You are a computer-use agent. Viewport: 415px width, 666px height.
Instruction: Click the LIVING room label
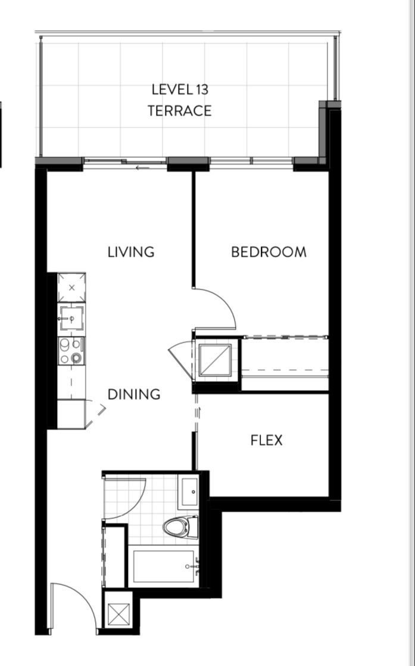tap(131, 252)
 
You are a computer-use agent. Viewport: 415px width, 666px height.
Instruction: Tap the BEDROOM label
tap(269, 252)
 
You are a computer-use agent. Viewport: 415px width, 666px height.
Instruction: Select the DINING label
tap(134, 394)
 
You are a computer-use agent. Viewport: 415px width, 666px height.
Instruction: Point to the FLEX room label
tap(267, 440)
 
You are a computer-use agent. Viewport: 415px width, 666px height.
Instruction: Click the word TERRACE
tap(179, 111)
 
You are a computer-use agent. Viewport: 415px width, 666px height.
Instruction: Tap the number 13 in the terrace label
tap(202, 89)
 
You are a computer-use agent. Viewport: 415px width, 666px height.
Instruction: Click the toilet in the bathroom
tap(181, 527)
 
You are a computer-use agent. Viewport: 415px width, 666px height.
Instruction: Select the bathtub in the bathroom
tap(163, 567)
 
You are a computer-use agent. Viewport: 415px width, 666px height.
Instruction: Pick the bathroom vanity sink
tap(190, 491)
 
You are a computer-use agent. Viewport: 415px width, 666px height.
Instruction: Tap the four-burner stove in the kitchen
tap(71, 351)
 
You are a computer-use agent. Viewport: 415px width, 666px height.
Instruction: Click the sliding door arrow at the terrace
tap(143, 168)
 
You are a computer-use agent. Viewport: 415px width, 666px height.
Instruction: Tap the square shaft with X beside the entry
tap(118, 614)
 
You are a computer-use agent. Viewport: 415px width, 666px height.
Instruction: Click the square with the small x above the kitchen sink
tap(71, 288)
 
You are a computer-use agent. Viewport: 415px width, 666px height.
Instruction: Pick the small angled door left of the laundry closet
tap(181, 359)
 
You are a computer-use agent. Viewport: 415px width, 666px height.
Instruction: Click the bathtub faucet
tap(193, 567)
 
